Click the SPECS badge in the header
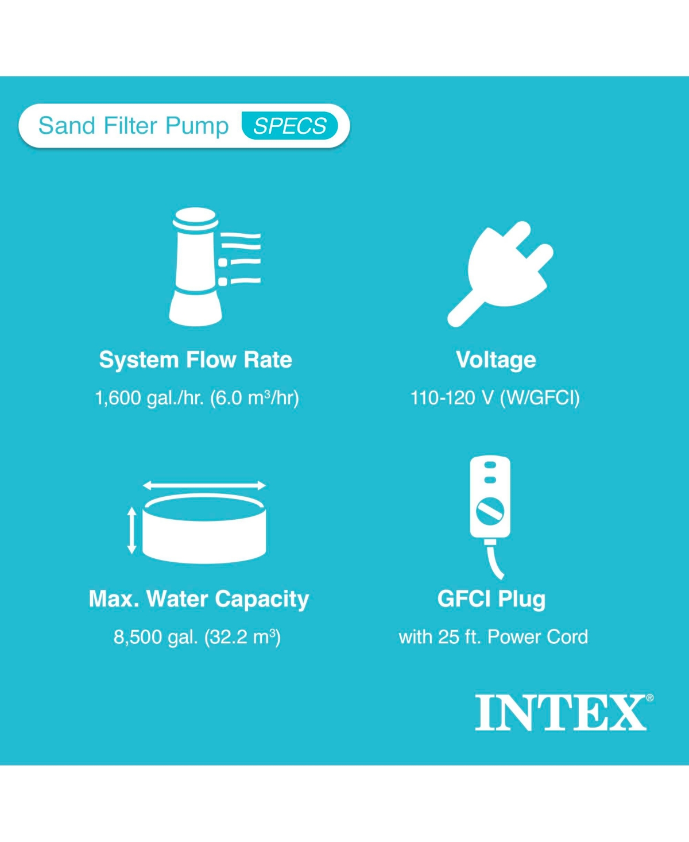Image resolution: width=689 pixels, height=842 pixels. point(290,126)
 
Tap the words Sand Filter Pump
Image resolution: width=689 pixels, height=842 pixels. point(133,126)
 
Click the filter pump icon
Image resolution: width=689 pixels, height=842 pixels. point(214,267)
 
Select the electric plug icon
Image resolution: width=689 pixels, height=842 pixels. point(500,274)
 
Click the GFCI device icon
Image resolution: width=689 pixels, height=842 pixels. point(490,517)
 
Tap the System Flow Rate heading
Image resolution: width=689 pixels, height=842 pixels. point(196,360)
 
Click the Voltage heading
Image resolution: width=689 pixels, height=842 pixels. point(496,360)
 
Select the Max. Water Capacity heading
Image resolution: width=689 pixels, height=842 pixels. point(199,599)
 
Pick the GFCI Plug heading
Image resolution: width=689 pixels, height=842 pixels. point(491,599)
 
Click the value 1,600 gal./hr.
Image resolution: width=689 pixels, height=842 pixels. point(150,398)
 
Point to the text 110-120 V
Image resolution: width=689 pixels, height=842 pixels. point(452,398)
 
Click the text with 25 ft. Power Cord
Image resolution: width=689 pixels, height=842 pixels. point(493,637)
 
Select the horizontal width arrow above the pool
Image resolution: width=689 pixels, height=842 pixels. point(204,485)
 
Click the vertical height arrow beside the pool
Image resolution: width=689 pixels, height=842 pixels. point(131,530)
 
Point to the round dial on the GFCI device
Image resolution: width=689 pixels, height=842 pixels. point(490,512)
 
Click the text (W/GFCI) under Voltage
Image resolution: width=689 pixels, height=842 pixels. point(540,398)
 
